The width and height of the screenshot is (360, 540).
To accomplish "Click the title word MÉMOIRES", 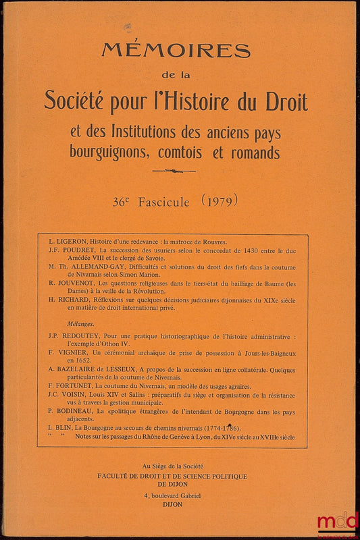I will (176, 51).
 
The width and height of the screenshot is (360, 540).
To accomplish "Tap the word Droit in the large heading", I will (284, 101).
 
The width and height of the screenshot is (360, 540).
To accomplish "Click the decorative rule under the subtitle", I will (174, 171).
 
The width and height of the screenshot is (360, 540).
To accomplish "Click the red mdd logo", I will (338, 521).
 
